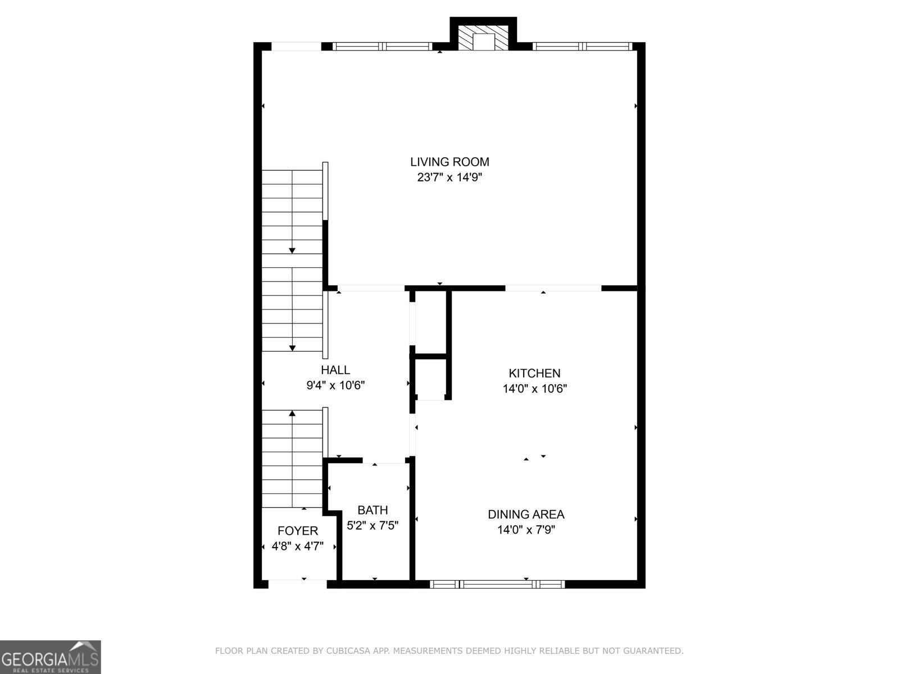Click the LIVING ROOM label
[449, 162]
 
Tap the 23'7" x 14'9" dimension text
[449, 177]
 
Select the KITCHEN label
[534, 374]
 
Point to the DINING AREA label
[526, 514]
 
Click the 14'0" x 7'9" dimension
[526, 530]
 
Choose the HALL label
[335, 370]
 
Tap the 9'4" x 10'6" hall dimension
[335, 385]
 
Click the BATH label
[373, 511]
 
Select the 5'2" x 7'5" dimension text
[373, 526]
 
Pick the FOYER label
[298, 531]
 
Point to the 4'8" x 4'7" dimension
[298, 546]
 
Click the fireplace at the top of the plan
[483, 39]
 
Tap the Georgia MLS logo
[51, 657]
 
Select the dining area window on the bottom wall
[497, 584]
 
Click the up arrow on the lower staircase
[292, 415]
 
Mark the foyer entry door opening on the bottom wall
[298, 584]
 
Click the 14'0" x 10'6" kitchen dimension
[534, 389]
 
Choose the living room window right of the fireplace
[582, 47]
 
